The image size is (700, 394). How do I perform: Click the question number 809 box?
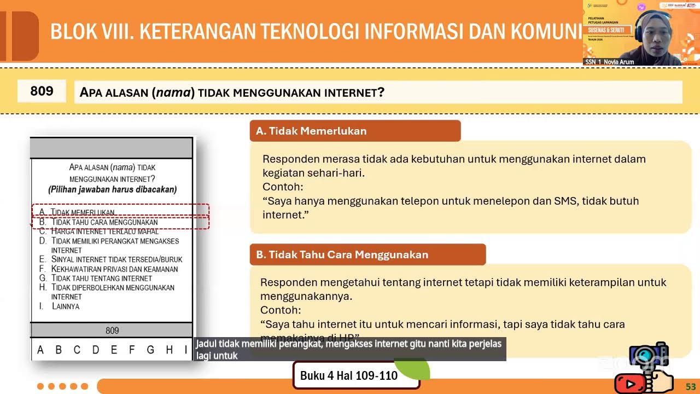click(x=42, y=91)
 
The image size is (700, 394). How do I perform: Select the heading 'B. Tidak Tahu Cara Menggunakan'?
click(x=342, y=254)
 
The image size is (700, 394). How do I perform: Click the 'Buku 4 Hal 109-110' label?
click(x=349, y=376)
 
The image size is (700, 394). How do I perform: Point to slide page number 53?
click(x=691, y=387)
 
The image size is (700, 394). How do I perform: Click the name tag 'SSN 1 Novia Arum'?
click(x=609, y=62)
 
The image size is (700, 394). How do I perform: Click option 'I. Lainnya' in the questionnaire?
click(x=65, y=306)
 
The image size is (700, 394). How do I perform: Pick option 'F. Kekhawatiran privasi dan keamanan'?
click(x=114, y=269)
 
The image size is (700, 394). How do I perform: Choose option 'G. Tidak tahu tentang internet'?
click(x=101, y=278)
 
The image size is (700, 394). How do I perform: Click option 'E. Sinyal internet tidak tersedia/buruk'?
click(x=116, y=259)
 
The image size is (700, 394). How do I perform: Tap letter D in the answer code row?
click(x=95, y=350)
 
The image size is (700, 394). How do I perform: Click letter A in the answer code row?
click(x=40, y=350)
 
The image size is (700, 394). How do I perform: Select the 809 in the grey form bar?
click(x=112, y=331)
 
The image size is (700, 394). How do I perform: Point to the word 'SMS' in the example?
click(x=563, y=201)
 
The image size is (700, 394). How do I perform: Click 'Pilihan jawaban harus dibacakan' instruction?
click(x=112, y=190)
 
